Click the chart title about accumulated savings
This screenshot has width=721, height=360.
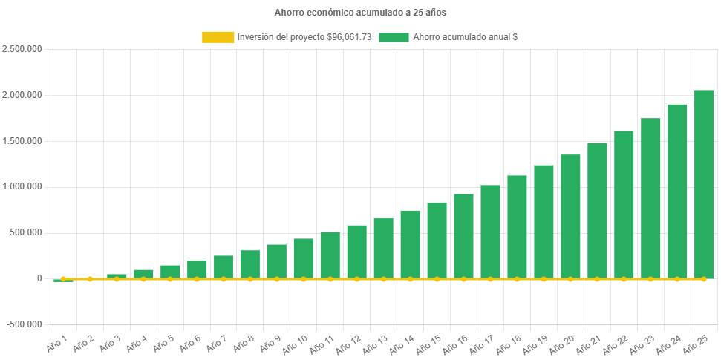tap(360, 13)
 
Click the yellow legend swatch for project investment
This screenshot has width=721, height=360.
tap(217, 37)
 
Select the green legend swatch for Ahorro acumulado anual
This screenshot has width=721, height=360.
tap(394, 37)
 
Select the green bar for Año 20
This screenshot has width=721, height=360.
tap(570, 216)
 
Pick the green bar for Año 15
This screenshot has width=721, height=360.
tap(437, 240)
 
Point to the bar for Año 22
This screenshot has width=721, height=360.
tap(624, 204)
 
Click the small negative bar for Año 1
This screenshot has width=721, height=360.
tap(63, 281)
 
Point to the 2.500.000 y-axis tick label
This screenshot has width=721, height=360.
tap(22, 49)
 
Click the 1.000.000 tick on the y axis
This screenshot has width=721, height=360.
tap(22, 186)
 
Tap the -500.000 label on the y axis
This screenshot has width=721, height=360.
tap(24, 324)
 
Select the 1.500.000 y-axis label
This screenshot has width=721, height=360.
tap(22, 141)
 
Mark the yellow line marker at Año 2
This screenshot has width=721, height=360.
tap(90, 279)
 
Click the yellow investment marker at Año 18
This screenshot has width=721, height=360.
tap(517, 279)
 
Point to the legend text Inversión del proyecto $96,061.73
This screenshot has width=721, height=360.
tap(304, 37)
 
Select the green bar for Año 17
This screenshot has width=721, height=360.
tap(490, 232)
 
